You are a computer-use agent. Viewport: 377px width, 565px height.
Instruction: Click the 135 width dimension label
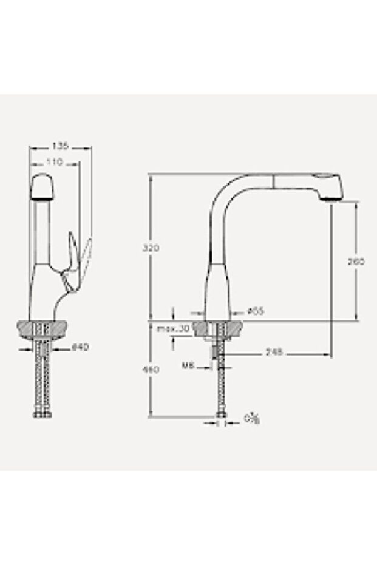(x=60, y=146)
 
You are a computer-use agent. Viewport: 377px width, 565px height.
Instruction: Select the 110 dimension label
(x=55, y=162)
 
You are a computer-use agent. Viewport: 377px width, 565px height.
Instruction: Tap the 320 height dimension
(x=151, y=248)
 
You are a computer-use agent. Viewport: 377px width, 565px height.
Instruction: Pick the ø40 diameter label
(x=81, y=348)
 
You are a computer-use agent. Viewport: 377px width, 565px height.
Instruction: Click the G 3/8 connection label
(x=251, y=418)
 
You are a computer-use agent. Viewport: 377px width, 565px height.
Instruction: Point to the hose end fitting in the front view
(x=41, y=414)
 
